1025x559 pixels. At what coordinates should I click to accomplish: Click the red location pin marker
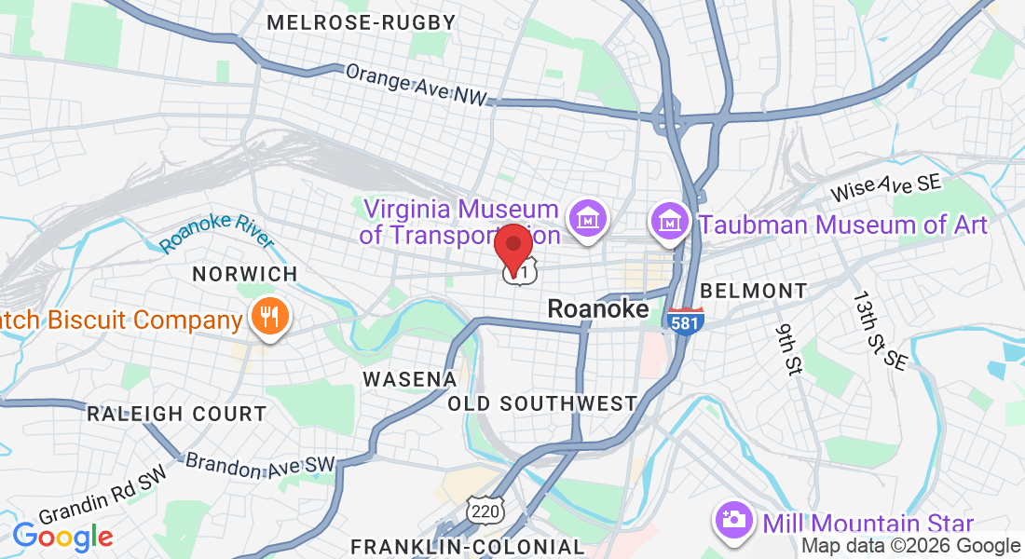512,245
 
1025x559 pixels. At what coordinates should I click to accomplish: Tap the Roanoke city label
597,308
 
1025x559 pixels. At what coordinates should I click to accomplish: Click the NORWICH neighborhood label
244,274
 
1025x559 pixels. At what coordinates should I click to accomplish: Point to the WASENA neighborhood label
409,379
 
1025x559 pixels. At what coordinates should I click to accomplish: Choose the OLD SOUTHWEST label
542,403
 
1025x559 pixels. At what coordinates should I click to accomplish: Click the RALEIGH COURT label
176,414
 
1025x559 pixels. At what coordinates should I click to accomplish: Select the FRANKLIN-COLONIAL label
467,546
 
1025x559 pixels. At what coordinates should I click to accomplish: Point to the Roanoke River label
216,230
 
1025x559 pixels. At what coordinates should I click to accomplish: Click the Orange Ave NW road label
416,85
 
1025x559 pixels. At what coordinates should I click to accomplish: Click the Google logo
62,536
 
